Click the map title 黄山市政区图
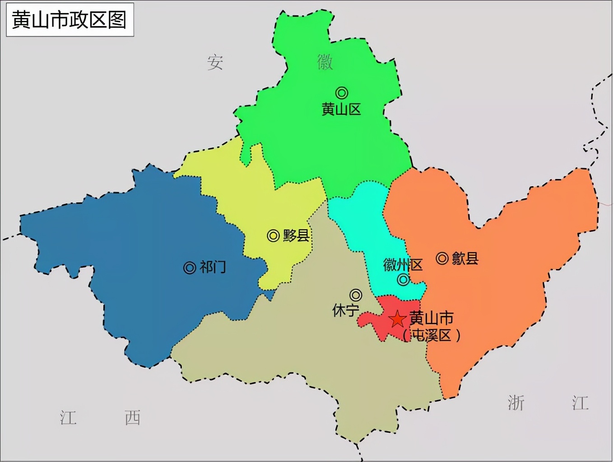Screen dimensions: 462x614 [70, 20]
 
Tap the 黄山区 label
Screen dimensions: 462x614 [341, 109]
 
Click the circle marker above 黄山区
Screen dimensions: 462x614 [342, 93]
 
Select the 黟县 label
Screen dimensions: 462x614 [296, 236]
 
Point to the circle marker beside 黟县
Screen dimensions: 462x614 [273, 236]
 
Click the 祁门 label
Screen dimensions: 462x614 [213, 267]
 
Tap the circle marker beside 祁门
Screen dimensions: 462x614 [190, 268]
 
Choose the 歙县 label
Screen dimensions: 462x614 [465, 258]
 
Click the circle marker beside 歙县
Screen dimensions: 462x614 [442, 258]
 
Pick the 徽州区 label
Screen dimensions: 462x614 [403, 265]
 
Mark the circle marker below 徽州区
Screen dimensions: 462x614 [403, 280]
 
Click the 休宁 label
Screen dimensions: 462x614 [345, 311]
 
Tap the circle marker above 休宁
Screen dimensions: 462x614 [356, 295]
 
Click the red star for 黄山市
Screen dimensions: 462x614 [397, 319]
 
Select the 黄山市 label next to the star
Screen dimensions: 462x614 [431, 318]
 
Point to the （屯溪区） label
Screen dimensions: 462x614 [431, 335]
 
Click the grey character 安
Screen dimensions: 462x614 [215, 62]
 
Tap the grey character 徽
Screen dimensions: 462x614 [325, 62]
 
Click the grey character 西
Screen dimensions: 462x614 [133, 418]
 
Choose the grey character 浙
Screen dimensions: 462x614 [516, 403]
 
